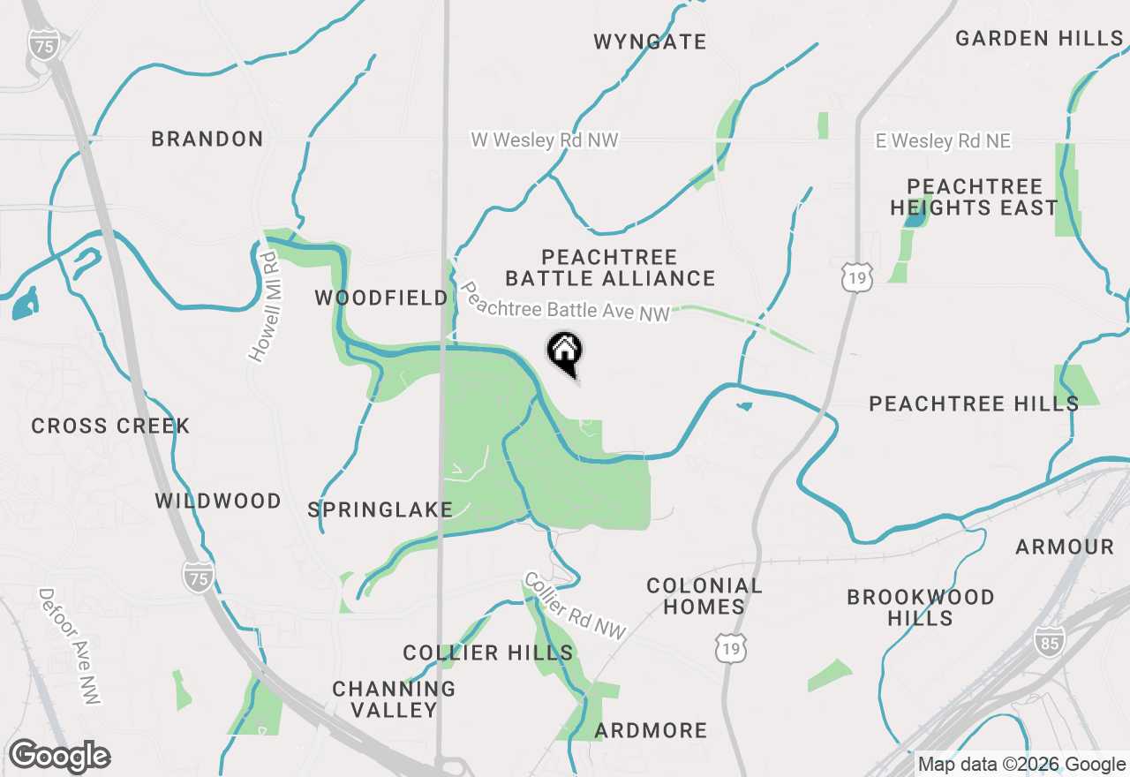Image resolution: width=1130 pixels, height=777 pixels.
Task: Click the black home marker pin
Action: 565,353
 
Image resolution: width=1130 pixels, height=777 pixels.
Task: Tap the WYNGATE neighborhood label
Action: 651,41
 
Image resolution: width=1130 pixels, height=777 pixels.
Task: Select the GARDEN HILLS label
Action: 1039,38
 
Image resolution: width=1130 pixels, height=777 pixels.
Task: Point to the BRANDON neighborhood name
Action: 207,139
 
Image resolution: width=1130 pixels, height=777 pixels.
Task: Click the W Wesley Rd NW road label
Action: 545,140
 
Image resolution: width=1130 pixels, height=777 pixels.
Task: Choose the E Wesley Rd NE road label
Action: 943,141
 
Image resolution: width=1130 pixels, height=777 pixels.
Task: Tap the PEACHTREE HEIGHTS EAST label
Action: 974,198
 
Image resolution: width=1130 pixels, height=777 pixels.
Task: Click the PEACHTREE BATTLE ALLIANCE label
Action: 610,268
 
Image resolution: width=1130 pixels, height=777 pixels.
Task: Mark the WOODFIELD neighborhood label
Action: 381,298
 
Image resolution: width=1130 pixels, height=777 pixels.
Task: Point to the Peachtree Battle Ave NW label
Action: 565,302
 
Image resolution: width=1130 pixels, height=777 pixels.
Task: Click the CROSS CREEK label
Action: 110,426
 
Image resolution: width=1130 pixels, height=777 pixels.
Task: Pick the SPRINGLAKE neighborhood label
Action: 380,509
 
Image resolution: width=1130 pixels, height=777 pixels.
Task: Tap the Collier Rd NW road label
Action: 575,606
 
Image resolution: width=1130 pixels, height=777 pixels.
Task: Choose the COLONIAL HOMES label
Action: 704,596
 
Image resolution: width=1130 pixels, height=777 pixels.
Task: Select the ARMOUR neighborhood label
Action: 1065,547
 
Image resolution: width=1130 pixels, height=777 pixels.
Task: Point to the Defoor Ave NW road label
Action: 71,646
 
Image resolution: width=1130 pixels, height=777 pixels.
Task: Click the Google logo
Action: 59,757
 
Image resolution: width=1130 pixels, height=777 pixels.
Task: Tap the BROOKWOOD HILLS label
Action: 920,607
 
